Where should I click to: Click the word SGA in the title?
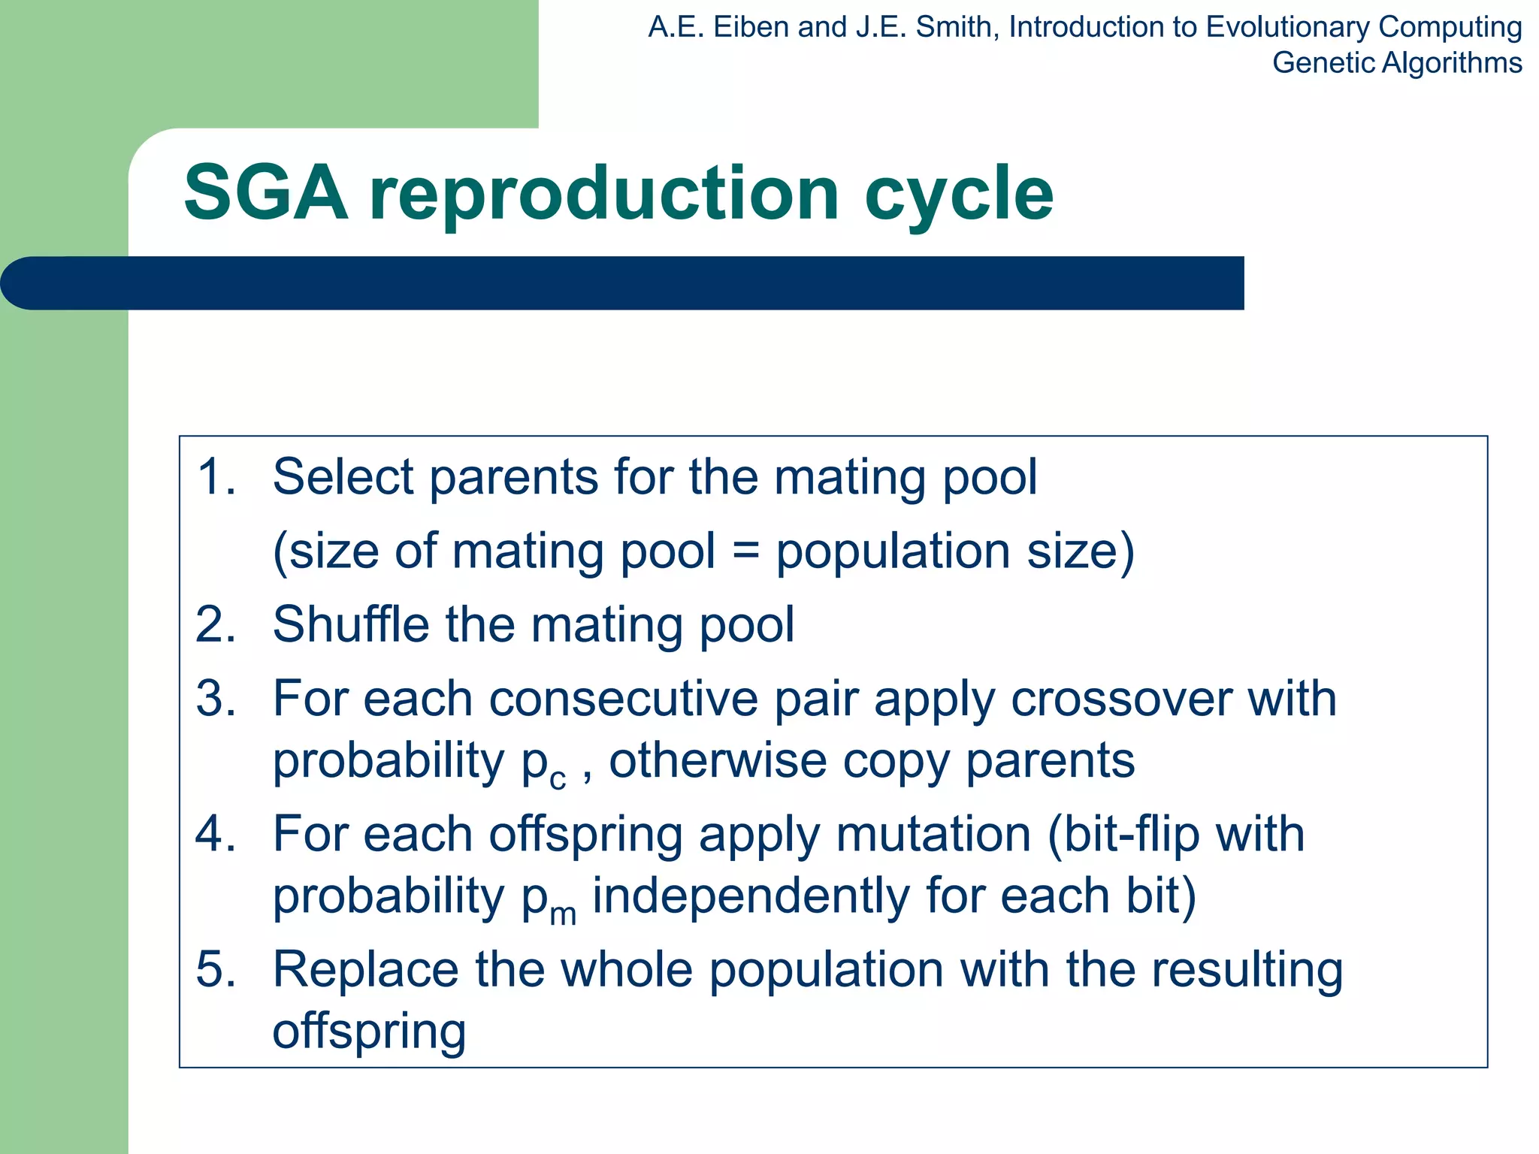266,194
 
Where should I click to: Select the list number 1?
215,477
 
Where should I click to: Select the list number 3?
215,699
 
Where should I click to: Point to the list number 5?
215,970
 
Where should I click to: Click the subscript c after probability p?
557,780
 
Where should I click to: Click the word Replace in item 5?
365,970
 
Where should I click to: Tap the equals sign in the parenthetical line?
745,551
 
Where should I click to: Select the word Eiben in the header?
752,28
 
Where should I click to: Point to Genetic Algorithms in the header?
1396,63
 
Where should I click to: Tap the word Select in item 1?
343,477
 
